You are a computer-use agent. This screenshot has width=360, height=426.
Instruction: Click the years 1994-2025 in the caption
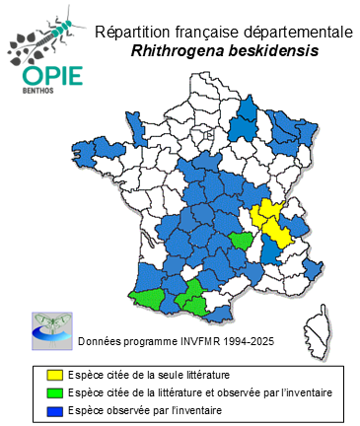246,341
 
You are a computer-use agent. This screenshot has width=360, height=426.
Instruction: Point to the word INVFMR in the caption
189,341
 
